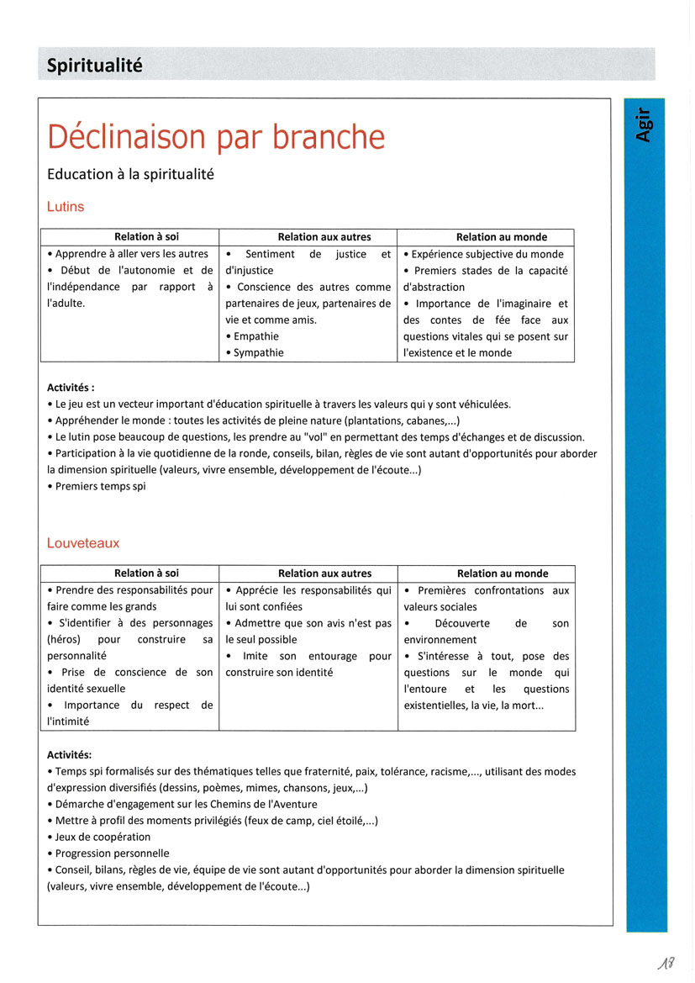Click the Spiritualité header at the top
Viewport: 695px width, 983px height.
[94, 65]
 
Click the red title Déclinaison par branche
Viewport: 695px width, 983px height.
[216, 137]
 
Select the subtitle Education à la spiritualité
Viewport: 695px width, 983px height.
[131, 174]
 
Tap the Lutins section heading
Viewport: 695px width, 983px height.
[66, 206]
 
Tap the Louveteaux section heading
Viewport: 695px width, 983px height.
[83, 543]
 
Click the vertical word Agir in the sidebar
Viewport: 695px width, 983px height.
[644, 124]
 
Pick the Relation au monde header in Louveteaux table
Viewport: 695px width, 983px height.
[502, 573]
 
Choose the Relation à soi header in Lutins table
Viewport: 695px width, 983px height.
[146, 237]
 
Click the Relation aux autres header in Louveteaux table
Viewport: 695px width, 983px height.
[324, 573]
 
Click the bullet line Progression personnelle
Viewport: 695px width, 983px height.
[112, 853]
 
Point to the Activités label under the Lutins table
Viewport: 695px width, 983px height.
[71, 388]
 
